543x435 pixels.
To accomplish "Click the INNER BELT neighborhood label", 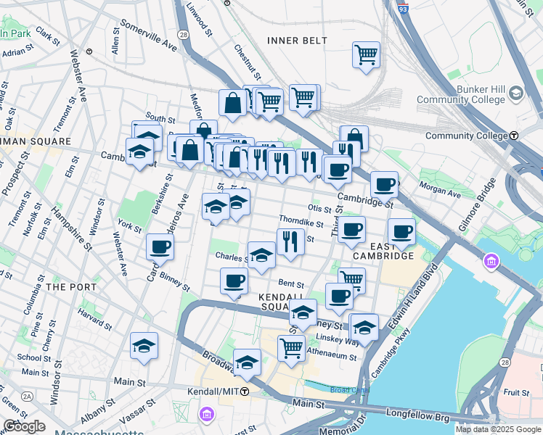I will click(298, 41).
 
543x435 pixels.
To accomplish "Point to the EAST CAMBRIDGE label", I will click(383, 250).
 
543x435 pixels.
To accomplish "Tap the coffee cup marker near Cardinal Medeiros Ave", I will click(160, 246).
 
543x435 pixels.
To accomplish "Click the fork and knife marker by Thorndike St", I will click(290, 241).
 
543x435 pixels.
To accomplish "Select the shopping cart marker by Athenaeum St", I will click(291, 347).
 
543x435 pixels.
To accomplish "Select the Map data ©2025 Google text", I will click(498, 429).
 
